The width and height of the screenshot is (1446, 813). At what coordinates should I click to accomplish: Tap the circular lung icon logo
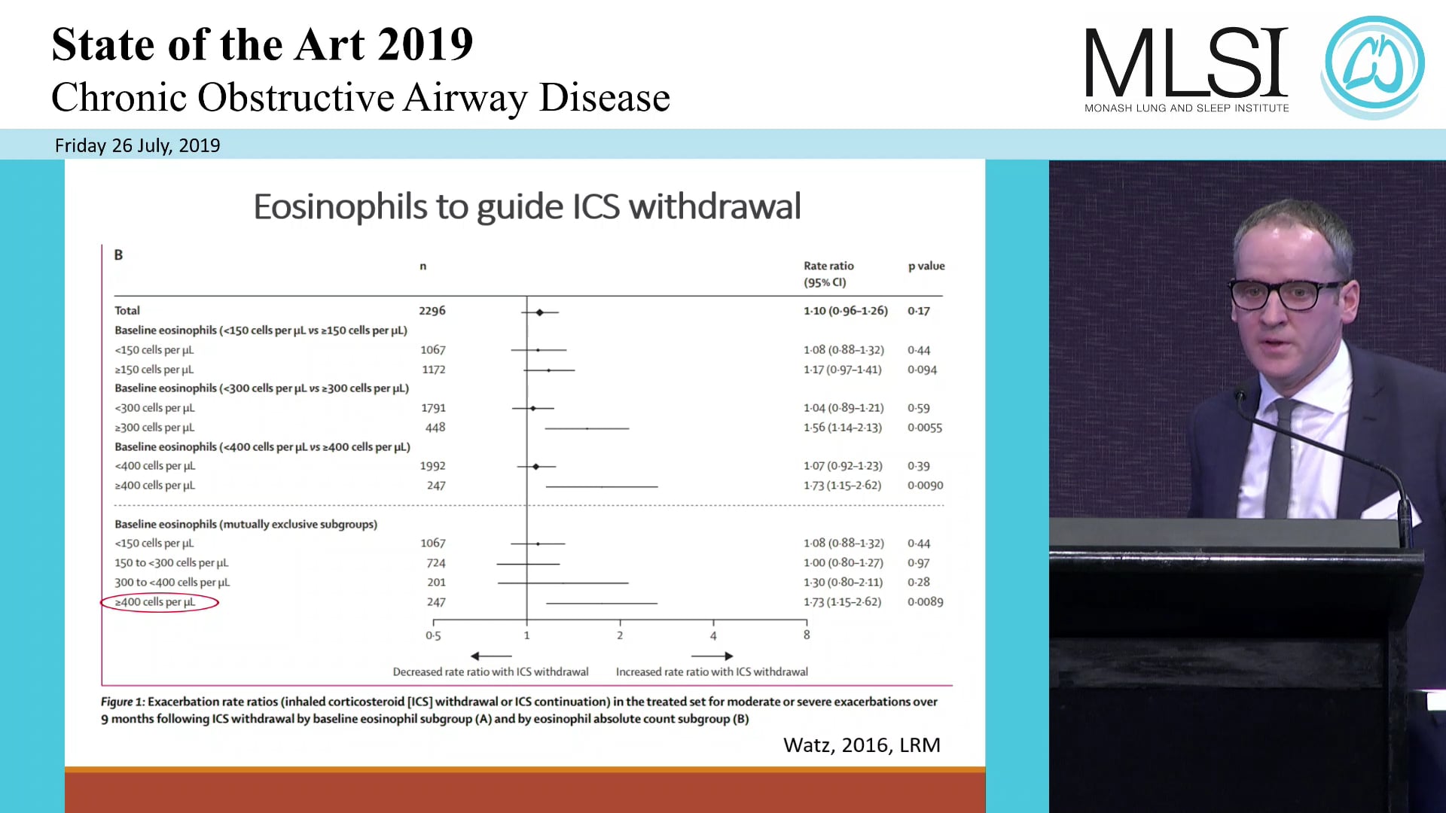point(1374,66)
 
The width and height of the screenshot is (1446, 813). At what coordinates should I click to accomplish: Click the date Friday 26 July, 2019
point(137,145)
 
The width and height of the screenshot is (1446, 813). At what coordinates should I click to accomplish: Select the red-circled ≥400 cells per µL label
point(155,602)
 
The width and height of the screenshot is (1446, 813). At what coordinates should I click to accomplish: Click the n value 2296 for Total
point(432,310)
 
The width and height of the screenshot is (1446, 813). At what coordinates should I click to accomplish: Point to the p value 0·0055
point(924,428)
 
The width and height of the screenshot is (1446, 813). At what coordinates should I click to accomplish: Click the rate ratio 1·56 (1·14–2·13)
point(842,428)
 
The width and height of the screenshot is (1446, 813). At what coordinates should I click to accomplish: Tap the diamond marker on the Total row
point(539,312)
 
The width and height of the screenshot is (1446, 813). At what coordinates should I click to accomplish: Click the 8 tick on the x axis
point(807,635)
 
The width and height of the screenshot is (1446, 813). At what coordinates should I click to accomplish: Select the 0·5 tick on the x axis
point(433,635)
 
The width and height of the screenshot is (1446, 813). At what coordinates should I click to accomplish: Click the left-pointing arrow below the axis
point(490,656)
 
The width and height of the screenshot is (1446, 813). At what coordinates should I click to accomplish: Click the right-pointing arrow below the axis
point(712,656)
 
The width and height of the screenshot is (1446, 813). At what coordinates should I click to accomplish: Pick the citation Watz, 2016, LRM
point(862,744)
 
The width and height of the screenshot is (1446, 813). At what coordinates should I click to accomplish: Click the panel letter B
point(118,255)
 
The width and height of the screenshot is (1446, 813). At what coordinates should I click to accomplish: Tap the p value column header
point(926,266)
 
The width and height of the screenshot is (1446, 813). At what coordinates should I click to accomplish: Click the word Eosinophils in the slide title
point(343,207)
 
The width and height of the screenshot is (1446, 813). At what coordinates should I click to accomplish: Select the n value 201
point(436,583)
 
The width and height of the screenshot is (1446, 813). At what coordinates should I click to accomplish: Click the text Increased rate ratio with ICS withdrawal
point(712,671)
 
